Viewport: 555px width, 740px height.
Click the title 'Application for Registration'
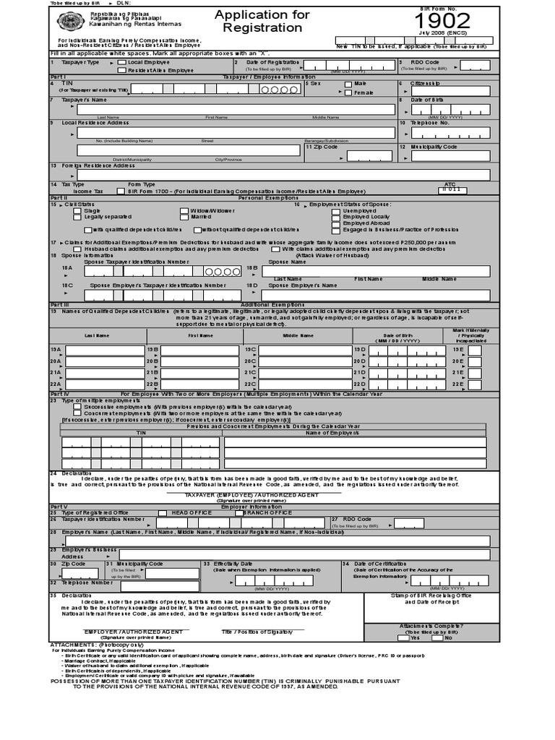click(262, 22)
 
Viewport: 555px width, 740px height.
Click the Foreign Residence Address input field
click(278, 174)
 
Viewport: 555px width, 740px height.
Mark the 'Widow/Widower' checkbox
click(185, 211)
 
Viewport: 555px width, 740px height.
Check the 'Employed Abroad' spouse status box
click(335, 223)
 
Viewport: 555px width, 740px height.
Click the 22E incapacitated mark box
click(474, 384)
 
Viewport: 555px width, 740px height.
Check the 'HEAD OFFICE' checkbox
click(163, 512)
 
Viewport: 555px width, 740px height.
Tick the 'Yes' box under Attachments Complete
click(404, 637)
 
